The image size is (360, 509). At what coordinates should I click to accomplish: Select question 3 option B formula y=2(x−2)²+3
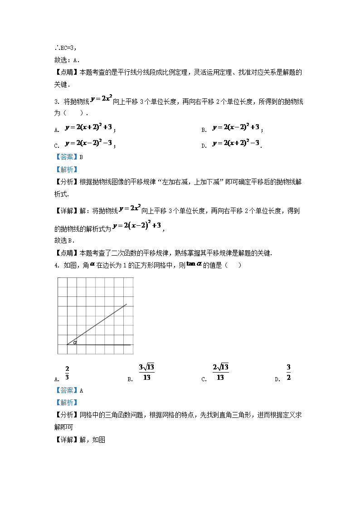(x=236, y=128)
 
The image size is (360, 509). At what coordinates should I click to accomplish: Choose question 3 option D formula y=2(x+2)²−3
(x=236, y=144)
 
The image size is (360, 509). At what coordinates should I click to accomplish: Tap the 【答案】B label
(x=68, y=157)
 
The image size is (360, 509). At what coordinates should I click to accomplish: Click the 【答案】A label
(x=68, y=390)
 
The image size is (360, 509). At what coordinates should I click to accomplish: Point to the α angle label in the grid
(x=75, y=343)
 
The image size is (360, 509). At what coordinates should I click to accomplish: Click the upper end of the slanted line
(x=126, y=304)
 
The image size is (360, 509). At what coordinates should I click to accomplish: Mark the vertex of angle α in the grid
(x=67, y=345)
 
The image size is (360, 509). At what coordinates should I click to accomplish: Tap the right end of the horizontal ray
(x=131, y=345)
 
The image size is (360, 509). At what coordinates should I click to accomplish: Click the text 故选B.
(x=65, y=241)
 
